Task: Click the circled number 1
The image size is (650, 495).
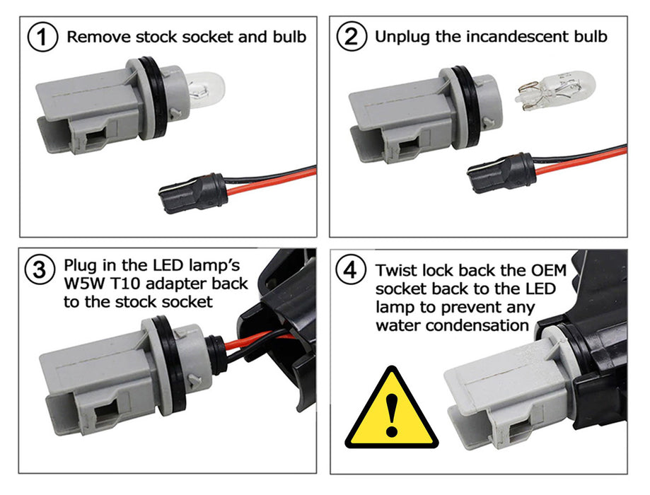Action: point(42,37)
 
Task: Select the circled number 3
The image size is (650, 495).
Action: point(40,270)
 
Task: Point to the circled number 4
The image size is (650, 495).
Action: point(351,270)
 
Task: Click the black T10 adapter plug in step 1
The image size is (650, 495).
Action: point(193,193)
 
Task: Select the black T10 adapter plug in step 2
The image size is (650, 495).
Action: point(501,173)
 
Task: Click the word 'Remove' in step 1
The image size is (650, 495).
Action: point(99,37)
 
